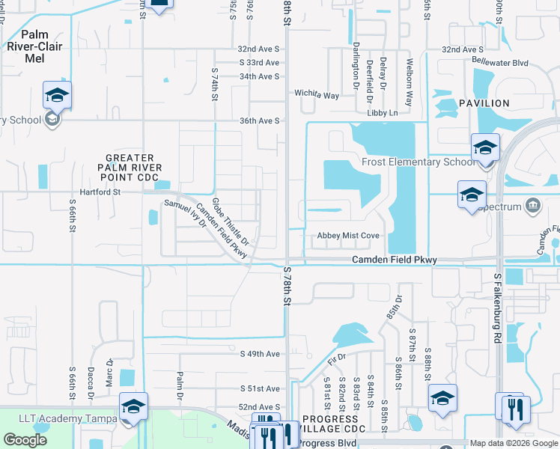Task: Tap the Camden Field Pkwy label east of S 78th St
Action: [395, 260]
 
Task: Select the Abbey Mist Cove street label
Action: [348, 235]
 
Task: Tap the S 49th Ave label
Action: [259, 353]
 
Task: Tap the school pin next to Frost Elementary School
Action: [484, 148]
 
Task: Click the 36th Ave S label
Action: [259, 120]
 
